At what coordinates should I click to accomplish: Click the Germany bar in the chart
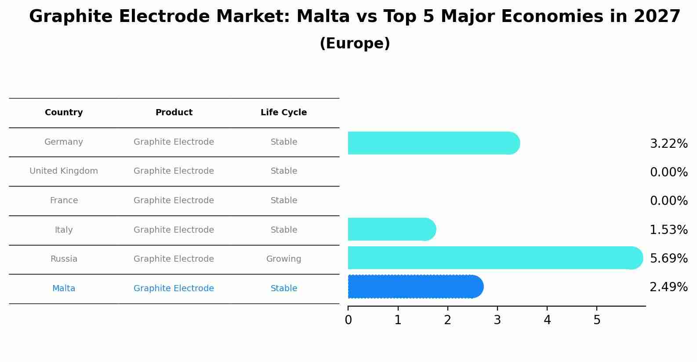433,143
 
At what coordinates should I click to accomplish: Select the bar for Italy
391,229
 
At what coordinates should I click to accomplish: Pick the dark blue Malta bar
415,287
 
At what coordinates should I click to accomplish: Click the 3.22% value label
668,144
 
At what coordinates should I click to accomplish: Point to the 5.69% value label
668,258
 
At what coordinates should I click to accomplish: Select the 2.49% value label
668,287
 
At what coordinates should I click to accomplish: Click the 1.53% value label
668,230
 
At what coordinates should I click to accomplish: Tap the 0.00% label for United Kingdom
668,172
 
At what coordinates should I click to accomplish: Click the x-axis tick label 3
497,320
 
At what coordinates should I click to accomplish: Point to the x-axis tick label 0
348,320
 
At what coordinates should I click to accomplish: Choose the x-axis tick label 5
596,320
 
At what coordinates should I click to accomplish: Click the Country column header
64,113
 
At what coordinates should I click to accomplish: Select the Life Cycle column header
283,113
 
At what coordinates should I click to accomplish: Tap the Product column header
174,113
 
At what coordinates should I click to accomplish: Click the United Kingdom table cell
64,171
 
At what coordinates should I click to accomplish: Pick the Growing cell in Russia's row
283,259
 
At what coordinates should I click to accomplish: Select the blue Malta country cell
64,289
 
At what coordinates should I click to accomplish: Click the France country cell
64,201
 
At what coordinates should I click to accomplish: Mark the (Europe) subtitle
355,44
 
